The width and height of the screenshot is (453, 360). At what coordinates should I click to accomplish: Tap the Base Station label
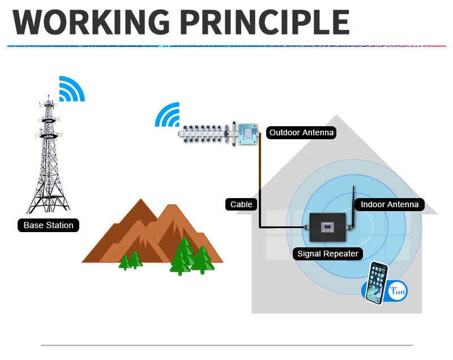[48, 225]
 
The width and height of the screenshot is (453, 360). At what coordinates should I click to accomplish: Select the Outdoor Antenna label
[301, 133]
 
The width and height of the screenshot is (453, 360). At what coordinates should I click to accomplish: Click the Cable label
[241, 204]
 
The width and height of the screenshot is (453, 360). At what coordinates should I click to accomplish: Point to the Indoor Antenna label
[390, 204]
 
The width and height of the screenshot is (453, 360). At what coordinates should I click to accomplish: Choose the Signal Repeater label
[328, 254]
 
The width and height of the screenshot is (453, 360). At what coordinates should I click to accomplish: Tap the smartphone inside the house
[376, 282]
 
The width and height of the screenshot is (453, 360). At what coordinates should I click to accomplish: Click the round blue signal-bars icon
[397, 291]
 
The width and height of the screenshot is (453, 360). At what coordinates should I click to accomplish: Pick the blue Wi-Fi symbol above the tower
[71, 89]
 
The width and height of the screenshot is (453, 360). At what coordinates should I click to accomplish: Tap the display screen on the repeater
[328, 227]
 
